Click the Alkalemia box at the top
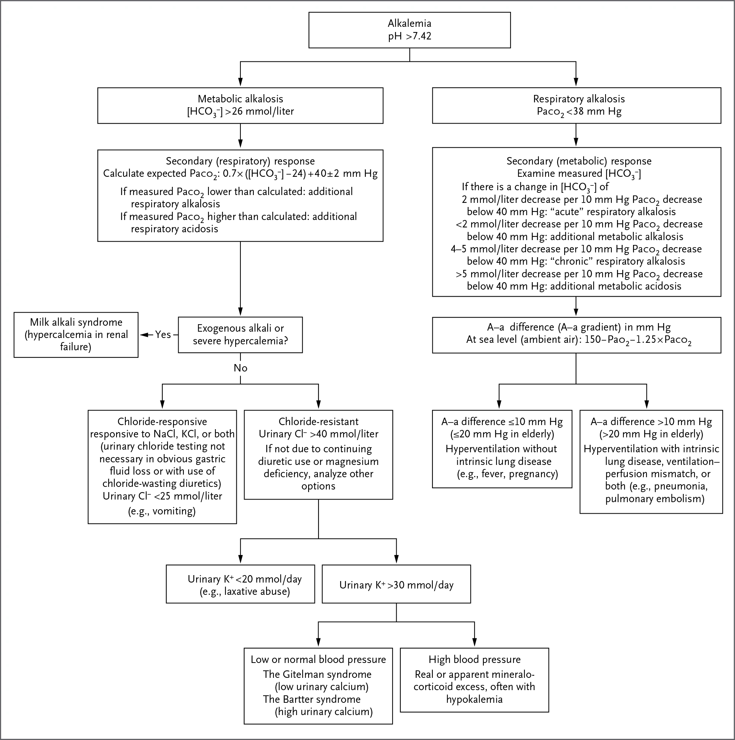click(x=409, y=30)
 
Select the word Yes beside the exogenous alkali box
click(x=163, y=335)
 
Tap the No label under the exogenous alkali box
click(x=240, y=368)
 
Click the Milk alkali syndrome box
click(x=76, y=335)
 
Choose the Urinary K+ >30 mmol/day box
click(x=396, y=584)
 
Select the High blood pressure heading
click(x=474, y=660)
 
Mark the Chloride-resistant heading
click(x=318, y=422)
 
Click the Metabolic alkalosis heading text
click(x=240, y=99)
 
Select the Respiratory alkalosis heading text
click(x=579, y=99)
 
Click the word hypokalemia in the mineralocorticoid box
click(x=474, y=699)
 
